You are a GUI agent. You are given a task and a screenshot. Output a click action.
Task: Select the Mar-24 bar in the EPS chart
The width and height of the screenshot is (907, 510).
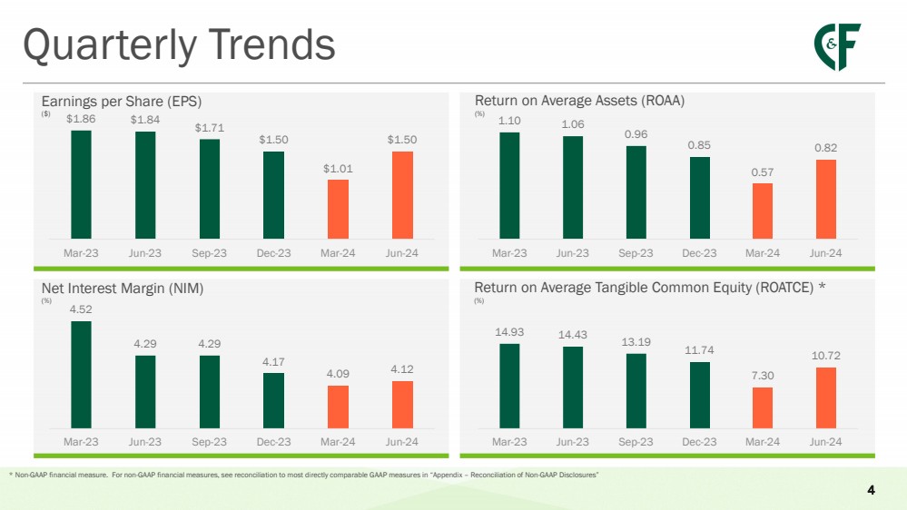[338, 209]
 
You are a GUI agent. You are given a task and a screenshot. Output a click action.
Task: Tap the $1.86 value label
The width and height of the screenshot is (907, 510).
[81, 119]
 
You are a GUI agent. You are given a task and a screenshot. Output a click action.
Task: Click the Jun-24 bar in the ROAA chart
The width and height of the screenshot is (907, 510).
[826, 199]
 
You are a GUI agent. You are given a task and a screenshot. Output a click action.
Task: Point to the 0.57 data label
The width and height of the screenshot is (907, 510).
[763, 172]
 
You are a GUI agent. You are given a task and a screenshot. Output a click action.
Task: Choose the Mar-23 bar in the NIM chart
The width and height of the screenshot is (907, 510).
[81, 374]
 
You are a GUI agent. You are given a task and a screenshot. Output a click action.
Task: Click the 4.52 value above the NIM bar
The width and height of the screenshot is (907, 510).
[81, 309]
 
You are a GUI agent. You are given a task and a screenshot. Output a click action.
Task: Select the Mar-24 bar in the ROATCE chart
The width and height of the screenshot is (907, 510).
[763, 407]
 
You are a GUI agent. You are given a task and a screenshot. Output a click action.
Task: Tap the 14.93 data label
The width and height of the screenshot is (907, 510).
[509, 332]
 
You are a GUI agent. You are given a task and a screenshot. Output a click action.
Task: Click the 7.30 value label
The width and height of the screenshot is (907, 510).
[763, 377]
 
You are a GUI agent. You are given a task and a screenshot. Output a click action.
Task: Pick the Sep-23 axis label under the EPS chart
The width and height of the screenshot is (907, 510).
[210, 252]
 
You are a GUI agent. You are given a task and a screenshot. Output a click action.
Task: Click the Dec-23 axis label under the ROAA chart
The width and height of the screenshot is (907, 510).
[699, 252]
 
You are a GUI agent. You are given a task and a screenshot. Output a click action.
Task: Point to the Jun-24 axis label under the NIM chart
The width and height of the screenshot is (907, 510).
[402, 441]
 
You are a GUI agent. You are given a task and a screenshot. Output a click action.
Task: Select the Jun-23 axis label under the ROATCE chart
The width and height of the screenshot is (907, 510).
[573, 441]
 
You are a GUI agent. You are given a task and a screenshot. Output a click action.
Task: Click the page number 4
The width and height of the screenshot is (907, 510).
[872, 491]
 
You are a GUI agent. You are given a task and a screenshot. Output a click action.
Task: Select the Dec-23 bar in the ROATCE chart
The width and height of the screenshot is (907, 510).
[699, 395]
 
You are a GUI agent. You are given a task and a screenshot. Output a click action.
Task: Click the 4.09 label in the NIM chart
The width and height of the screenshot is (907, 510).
[338, 374]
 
